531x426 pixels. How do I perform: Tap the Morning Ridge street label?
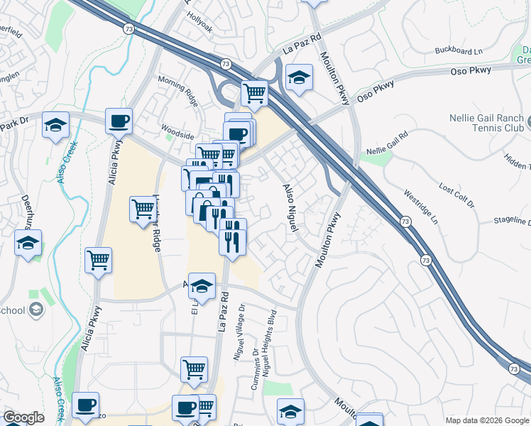point(179,88)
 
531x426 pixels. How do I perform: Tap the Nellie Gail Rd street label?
point(388,143)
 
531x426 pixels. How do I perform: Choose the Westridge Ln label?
point(420,205)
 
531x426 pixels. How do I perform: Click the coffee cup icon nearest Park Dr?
point(119,121)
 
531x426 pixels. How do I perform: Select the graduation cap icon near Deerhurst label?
point(28,243)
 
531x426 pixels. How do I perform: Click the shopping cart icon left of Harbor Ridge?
point(143,209)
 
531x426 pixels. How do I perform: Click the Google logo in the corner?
point(23,417)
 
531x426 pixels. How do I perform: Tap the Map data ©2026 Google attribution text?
point(487,420)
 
